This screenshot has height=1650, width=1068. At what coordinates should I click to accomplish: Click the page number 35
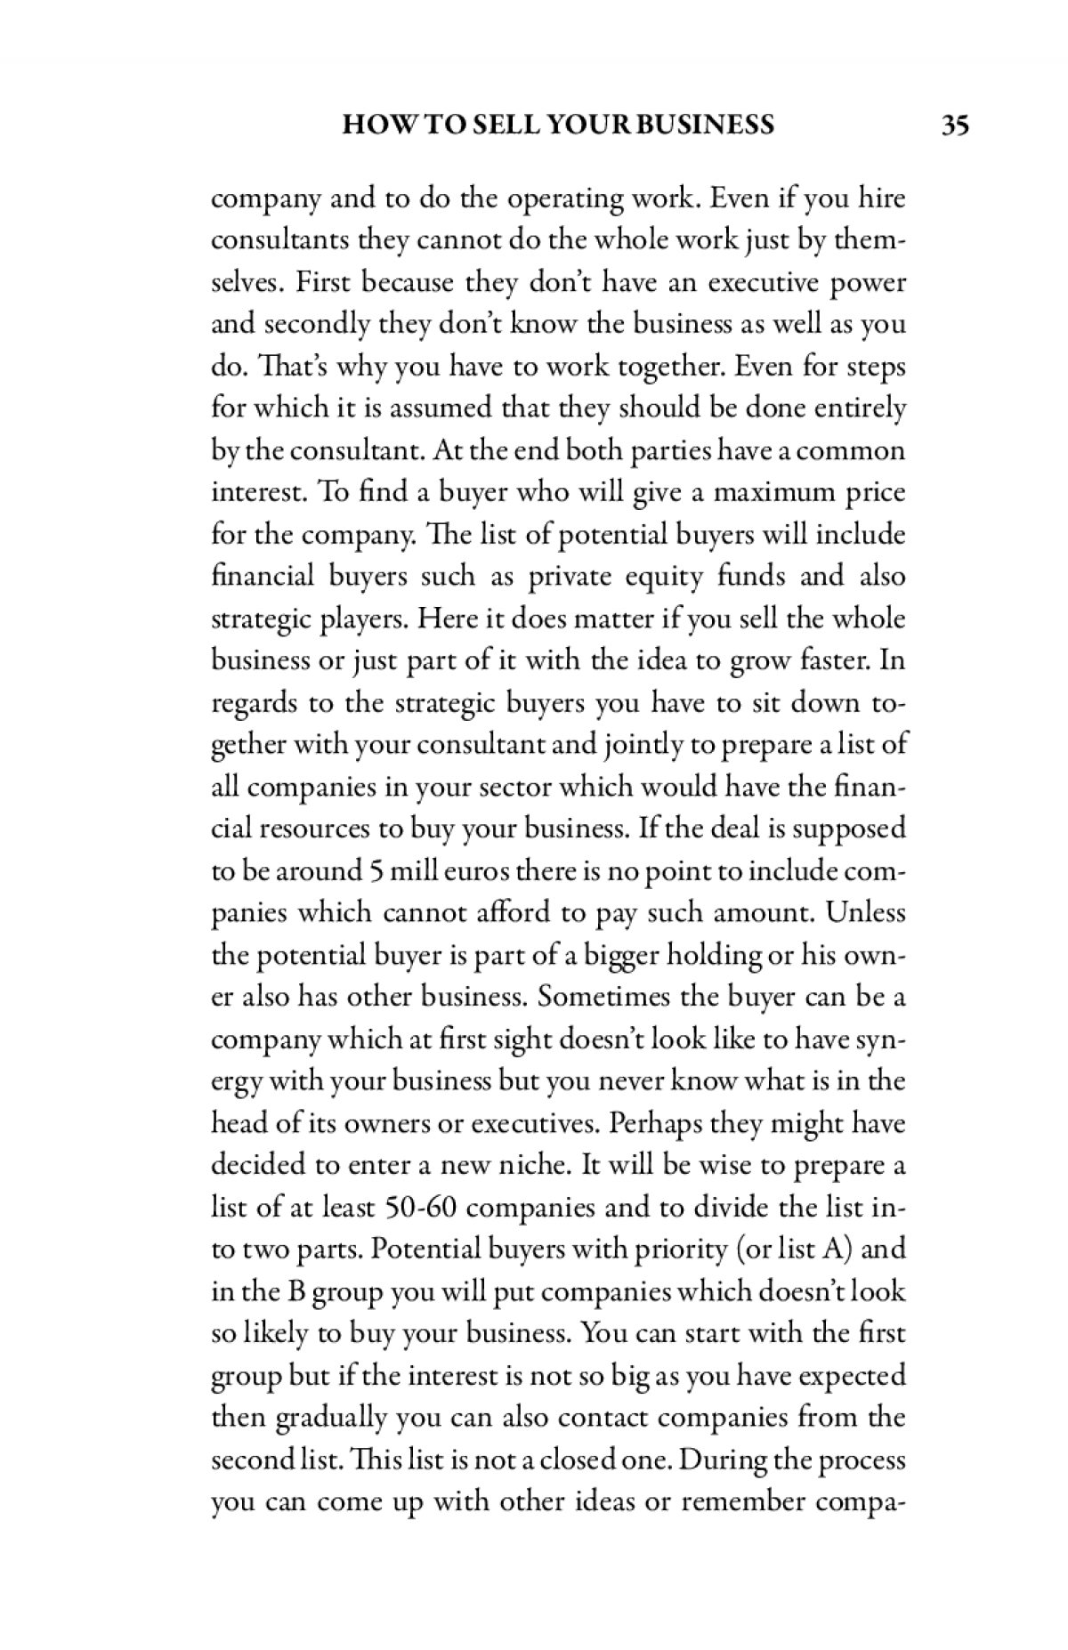click(x=955, y=125)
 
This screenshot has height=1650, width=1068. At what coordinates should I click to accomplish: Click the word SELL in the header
click(x=508, y=125)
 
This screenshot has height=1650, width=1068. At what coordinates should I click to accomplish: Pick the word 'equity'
click(x=658, y=577)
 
